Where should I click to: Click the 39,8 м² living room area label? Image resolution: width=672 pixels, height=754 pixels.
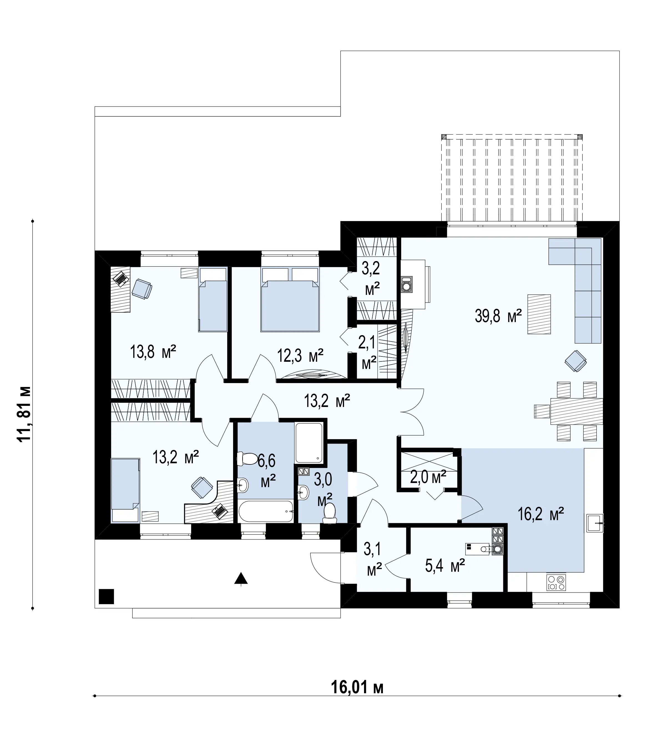tap(498, 316)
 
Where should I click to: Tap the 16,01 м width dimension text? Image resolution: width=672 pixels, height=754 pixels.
tap(357, 687)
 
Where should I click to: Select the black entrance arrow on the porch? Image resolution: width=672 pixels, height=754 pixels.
tap(241, 579)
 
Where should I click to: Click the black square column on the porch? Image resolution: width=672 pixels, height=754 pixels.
tap(106, 596)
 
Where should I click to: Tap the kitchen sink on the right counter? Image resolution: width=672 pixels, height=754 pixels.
tap(595, 523)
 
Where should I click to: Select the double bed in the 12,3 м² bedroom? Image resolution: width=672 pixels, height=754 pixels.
tap(290, 299)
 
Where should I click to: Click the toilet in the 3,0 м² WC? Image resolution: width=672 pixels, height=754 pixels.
tap(329, 513)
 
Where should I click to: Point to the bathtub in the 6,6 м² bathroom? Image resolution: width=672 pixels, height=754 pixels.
tap(266, 511)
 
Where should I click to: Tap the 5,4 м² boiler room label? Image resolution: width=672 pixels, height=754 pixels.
tap(445, 565)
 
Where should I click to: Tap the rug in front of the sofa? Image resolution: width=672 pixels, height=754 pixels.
tap(539, 314)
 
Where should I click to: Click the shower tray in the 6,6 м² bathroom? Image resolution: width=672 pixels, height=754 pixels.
tap(309, 443)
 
